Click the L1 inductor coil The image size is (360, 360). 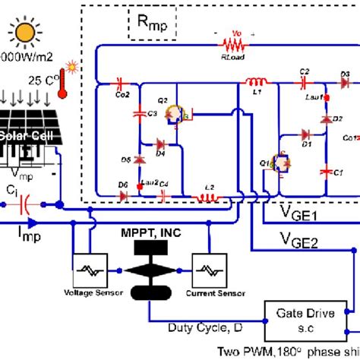[257, 81]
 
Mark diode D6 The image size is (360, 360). [123, 196]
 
